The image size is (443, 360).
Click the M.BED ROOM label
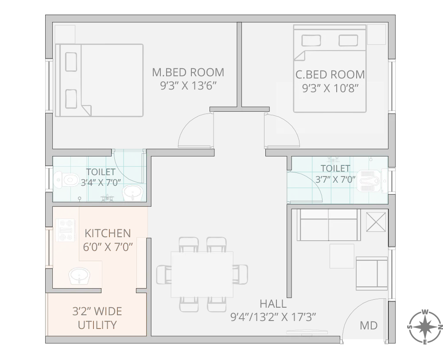click(188, 72)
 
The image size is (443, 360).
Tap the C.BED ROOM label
click(330, 74)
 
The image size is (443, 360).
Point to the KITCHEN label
click(108, 233)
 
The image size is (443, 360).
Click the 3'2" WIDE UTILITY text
click(97, 318)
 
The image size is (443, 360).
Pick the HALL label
click(273, 304)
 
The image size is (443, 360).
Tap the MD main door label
click(369, 326)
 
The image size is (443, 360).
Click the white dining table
click(202, 274)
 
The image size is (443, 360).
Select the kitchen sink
click(80, 277)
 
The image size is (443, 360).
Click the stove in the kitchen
click(65, 231)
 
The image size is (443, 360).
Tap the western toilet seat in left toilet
click(68, 180)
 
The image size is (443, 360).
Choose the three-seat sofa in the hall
click(328, 224)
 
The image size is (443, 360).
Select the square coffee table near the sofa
click(342, 256)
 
